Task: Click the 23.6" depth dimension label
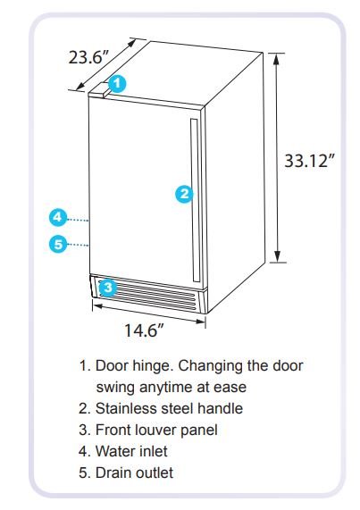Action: point(88,58)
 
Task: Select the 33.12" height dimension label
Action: point(309,161)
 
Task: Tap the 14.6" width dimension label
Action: point(144,330)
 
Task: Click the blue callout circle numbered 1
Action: point(117,84)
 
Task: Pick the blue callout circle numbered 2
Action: point(184,194)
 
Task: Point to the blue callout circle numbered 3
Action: point(108,288)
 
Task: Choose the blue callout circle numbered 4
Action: point(58,217)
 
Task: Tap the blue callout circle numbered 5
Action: point(58,244)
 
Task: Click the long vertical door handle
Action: point(195,200)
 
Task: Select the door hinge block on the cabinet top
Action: point(98,89)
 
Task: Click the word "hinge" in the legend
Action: point(152,366)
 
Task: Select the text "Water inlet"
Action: point(131,451)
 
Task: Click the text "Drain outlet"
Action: point(134,472)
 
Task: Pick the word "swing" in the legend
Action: point(115,388)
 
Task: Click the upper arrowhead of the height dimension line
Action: point(276,59)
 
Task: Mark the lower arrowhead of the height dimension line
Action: point(277,256)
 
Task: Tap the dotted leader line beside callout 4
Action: point(78,221)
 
